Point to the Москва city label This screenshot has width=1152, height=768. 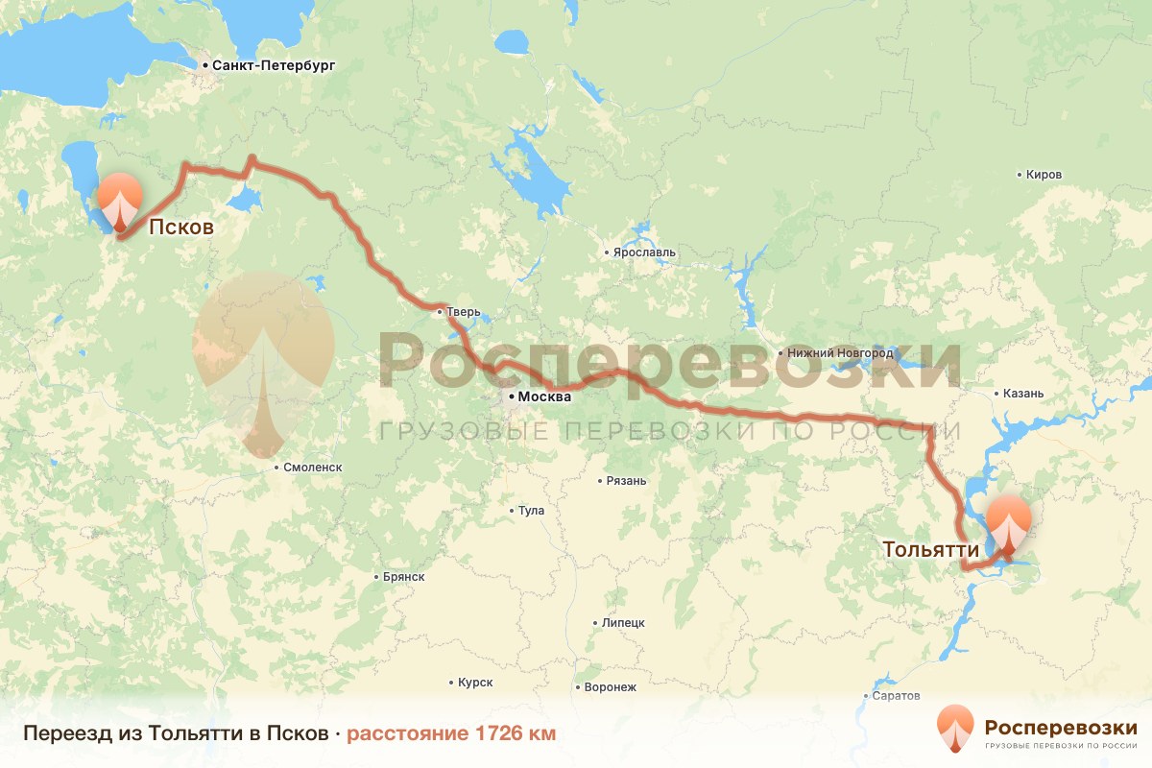point(544,396)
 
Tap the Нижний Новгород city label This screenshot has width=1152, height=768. point(832,353)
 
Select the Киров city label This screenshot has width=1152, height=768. point(1044,175)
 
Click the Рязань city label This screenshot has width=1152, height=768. point(627,481)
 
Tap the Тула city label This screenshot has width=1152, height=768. point(531,511)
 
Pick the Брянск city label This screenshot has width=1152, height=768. point(403,577)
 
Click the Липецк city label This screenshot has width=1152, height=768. point(623,623)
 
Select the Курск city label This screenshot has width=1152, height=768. point(475,683)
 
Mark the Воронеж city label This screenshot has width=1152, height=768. point(610,687)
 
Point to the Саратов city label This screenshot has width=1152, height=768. point(897,695)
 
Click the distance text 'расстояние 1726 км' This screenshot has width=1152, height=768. point(450,734)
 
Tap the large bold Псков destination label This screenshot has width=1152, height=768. point(180,228)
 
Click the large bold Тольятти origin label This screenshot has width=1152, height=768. point(930,550)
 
